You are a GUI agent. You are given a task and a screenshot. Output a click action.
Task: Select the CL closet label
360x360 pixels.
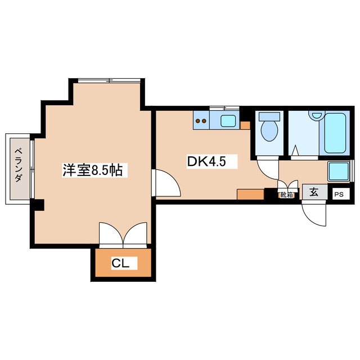121,263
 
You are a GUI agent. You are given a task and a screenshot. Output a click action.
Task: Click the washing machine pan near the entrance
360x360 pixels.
339,171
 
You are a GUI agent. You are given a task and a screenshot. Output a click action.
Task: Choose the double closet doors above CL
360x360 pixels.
123,235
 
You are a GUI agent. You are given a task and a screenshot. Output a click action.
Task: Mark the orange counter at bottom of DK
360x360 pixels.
250,195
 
